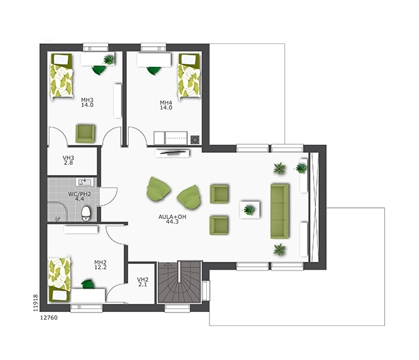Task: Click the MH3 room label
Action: tap(87, 102)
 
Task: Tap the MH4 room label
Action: tap(166, 105)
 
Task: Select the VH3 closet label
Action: tap(69, 160)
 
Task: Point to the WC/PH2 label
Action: tap(79, 196)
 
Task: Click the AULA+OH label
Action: tap(172, 219)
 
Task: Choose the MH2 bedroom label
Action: tap(101, 264)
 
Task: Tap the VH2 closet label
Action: tap(143, 282)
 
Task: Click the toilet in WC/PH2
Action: tap(86, 214)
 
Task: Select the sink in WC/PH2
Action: tap(85, 182)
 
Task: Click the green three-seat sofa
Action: tap(280, 211)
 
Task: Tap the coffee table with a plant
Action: tap(250, 210)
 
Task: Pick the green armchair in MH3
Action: tap(85, 134)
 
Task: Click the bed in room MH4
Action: tap(189, 76)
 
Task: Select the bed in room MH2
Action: tap(59, 279)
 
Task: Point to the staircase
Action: tap(179, 282)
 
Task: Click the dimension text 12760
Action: tap(49, 318)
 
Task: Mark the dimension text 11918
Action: tap(35, 303)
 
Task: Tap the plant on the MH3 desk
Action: tap(109, 59)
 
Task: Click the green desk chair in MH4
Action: tap(154, 70)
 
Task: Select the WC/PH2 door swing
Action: tap(109, 196)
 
